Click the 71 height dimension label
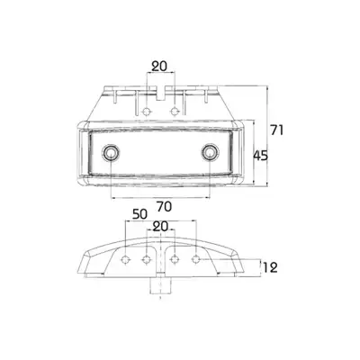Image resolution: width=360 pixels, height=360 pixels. pos(277,130)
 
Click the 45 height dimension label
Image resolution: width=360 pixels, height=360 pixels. pos(260,156)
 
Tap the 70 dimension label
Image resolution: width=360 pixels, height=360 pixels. pos(164,207)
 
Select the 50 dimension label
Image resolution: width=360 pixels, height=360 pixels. pos(139,214)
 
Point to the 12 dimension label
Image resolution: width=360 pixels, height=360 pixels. pos(270,267)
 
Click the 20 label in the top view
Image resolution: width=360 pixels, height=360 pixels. pos(159,67)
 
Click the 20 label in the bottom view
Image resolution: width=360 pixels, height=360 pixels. pos(160,227)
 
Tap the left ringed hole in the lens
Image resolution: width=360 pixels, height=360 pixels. pos(111,153)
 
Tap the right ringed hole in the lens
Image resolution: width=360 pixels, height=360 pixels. pos(210,153)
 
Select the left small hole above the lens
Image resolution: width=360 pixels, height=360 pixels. pos(147,112)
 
